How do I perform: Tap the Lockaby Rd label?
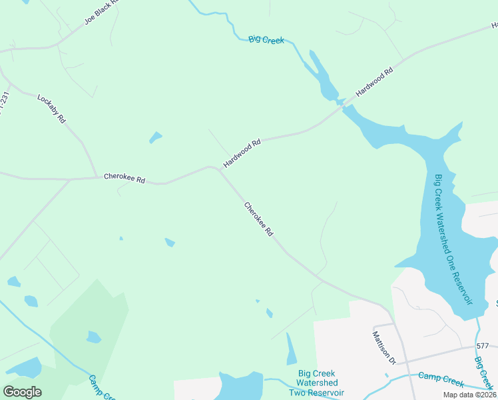pos(51,109)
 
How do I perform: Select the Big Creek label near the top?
pos(266,40)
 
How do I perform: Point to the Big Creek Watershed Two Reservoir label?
pos(318,383)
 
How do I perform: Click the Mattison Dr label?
pos(383,347)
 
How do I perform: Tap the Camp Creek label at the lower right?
pos(440,380)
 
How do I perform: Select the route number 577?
pos(483,346)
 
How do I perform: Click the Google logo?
pos(22,392)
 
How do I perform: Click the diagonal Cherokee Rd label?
pos(259,220)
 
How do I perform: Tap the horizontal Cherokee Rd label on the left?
pos(124,179)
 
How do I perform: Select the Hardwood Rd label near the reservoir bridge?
pos(375,82)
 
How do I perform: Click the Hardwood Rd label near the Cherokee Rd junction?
pos(242,153)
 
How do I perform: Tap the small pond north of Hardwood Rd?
pos(155,138)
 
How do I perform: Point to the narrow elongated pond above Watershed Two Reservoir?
pos(291,349)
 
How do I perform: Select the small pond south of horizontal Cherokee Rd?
pos(170,243)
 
